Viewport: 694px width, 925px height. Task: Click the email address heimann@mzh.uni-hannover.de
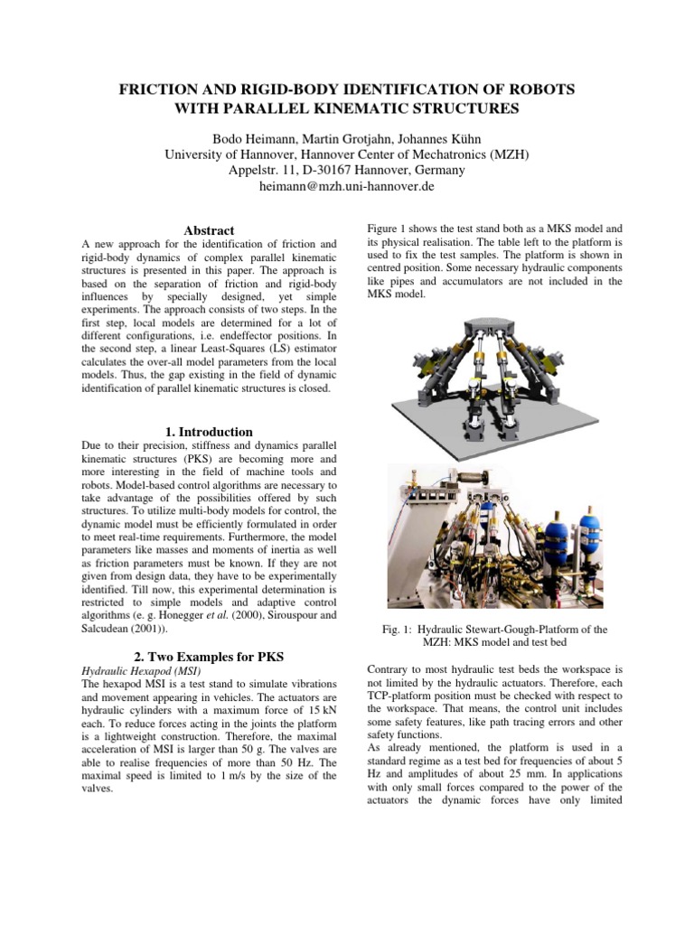347,187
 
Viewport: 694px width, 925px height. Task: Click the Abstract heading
209,230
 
